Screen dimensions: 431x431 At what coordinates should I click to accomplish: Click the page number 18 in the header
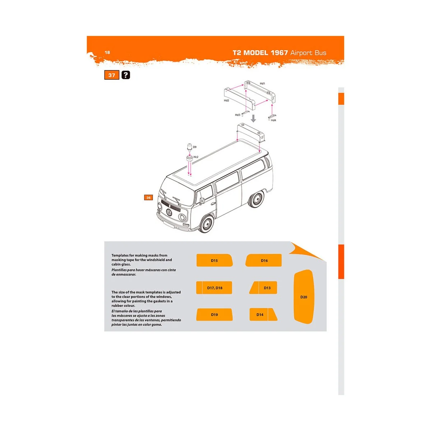(x=107, y=52)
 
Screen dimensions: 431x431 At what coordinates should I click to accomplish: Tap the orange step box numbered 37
(x=112, y=75)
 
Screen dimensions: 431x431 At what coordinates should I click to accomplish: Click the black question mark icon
(x=126, y=75)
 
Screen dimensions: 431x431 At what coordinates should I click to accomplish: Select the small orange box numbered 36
(x=148, y=198)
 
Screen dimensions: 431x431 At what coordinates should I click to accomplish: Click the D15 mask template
(x=214, y=260)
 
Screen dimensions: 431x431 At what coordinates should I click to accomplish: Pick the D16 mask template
(x=264, y=260)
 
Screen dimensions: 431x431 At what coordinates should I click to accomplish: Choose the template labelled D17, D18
(x=214, y=288)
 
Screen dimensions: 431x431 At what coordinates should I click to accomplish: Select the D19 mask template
(x=214, y=315)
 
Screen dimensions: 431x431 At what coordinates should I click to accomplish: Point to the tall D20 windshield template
(x=303, y=297)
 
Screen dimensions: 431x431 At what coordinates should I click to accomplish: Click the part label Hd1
(x=262, y=84)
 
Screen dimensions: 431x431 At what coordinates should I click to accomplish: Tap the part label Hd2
(x=226, y=101)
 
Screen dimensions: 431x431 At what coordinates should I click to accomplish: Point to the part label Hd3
(x=237, y=115)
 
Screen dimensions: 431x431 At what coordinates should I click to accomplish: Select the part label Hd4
(x=273, y=120)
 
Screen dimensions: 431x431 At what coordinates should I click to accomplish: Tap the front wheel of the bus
(x=207, y=223)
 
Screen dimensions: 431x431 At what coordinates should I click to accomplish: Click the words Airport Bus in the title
(x=308, y=53)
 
